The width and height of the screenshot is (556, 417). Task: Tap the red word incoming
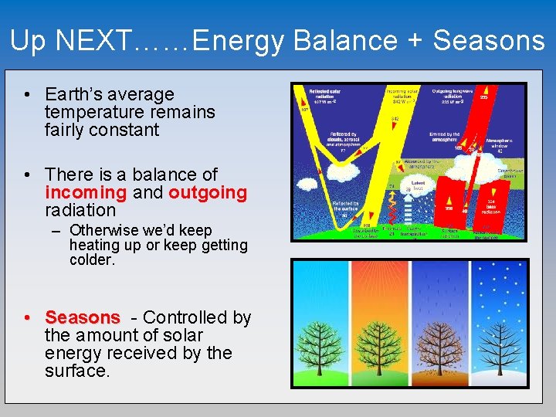pos(85,192)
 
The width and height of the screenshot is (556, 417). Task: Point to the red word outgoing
pos(208,192)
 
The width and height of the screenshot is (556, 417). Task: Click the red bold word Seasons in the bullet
pos(83,317)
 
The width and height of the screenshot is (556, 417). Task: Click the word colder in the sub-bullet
pos(91,260)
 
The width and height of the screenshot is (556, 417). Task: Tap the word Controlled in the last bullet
pos(188,317)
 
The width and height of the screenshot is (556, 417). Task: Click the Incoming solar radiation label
pos(402,95)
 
